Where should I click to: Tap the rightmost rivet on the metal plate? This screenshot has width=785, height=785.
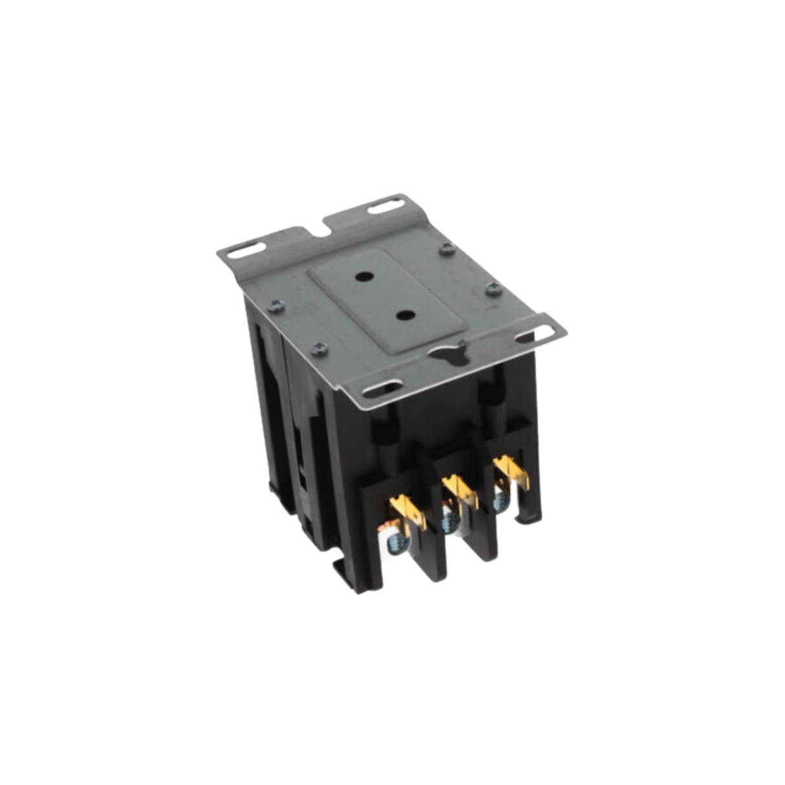[x=493, y=288]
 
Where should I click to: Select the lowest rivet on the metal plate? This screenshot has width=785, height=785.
[x=317, y=350]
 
